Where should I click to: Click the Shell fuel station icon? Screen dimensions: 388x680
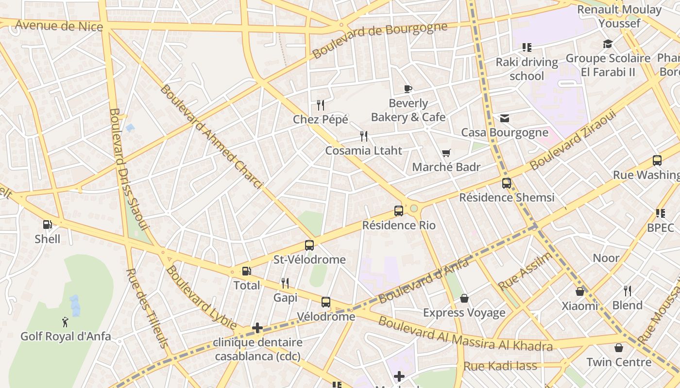48,225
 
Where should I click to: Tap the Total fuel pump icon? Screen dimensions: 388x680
247,271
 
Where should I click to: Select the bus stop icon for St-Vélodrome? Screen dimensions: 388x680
309,245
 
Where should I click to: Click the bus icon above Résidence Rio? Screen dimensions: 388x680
399,211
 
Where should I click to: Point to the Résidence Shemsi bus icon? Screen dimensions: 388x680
507,183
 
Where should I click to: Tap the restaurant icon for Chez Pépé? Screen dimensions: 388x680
320,105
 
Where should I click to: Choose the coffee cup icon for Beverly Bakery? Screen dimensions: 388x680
408,89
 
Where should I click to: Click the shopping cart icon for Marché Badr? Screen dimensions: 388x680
446,153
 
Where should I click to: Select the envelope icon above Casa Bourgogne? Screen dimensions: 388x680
505,118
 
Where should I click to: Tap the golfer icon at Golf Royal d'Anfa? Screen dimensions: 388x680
65,322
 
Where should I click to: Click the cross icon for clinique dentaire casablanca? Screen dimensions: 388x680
257,328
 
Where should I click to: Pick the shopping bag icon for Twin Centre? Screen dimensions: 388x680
619,348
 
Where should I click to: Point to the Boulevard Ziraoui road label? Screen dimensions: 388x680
573,140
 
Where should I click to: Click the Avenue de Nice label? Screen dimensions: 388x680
59,25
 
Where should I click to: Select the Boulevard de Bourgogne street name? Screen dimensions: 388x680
379,39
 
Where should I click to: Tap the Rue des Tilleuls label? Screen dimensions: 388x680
147,308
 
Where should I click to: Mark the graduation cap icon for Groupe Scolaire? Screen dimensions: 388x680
608,44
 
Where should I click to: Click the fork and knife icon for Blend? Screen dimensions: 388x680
628,291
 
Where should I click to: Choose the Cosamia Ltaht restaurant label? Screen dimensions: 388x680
364,151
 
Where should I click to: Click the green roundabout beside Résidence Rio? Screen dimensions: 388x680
414,209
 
